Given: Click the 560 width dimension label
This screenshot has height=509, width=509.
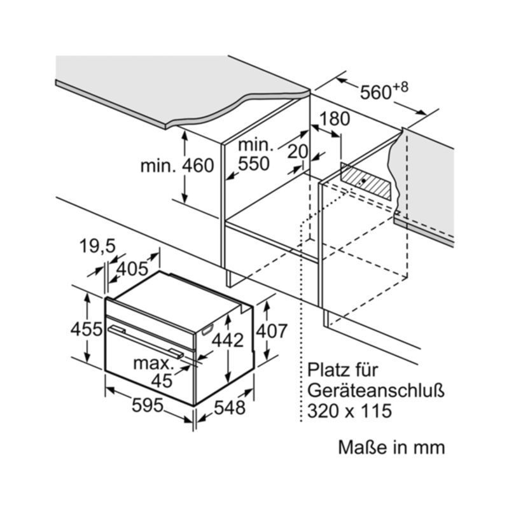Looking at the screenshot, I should [x=375, y=93].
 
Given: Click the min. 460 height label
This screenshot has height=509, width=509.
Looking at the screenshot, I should [x=178, y=166].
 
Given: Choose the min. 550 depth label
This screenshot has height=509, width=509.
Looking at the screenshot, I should [x=254, y=154].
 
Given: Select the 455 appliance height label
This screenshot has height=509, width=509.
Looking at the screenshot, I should [x=86, y=330].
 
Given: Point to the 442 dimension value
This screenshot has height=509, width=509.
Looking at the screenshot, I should [x=228, y=340].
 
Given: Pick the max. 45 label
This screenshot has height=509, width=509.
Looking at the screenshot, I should [x=155, y=372].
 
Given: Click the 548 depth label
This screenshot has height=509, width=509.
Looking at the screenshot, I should [x=228, y=408].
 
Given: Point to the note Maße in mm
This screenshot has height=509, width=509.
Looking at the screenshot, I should [x=391, y=447].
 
